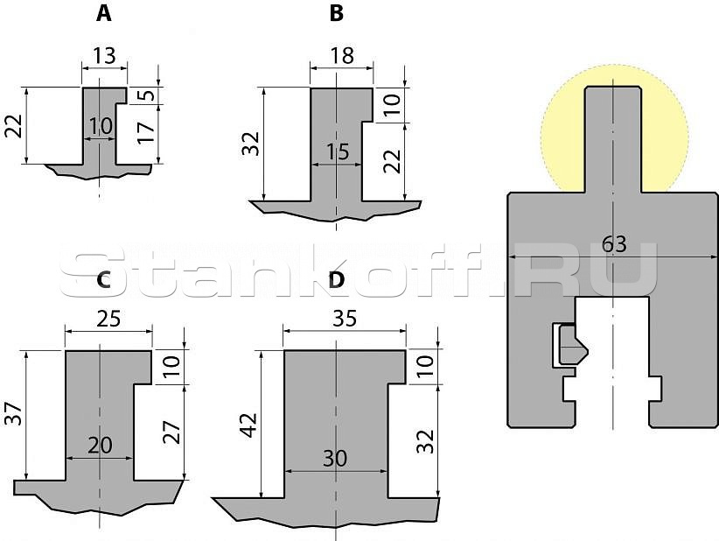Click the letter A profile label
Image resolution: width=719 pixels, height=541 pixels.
(103, 14)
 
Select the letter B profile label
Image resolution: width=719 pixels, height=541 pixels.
(336, 14)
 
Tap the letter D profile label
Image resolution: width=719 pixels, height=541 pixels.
(336, 280)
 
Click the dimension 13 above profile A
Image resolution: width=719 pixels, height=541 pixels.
(105, 56)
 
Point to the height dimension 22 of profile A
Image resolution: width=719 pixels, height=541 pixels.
(14, 126)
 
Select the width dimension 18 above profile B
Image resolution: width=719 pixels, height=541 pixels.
(342, 56)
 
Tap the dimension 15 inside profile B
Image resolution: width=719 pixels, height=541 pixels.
(338, 152)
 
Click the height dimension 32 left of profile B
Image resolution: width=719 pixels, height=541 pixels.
(251, 144)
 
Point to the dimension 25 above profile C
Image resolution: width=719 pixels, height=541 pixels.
(108, 319)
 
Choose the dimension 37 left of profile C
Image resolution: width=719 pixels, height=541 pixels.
(14, 413)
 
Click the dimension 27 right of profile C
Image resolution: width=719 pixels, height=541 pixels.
(172, 432)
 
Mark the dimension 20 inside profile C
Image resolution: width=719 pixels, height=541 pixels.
(100, 445)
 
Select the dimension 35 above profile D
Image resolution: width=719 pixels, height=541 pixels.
(345, 319)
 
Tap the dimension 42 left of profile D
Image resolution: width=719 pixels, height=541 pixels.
(249, 425)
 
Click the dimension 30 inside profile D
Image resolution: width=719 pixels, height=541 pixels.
(335, 459)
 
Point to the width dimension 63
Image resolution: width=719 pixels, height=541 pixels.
(614, 244)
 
